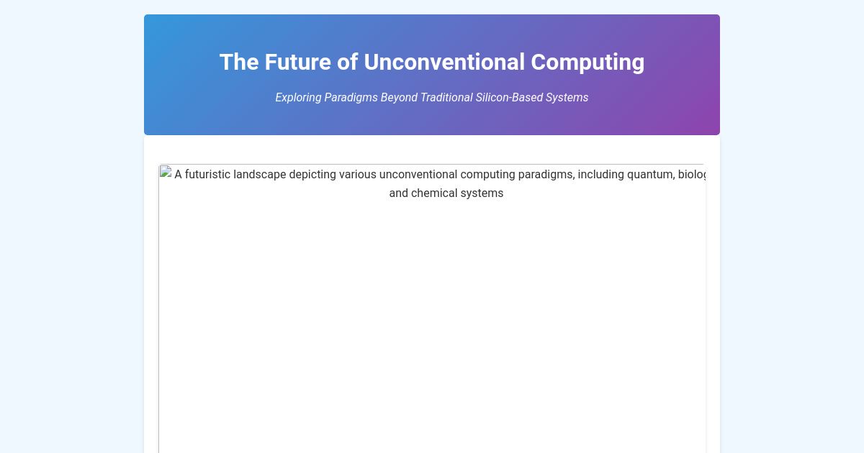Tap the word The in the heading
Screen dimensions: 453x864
tap(239, 63)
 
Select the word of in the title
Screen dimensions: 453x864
tap(347, 63)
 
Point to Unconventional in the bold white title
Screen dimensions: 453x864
tap(444, 63)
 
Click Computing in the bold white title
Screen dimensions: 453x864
tap(588, 63)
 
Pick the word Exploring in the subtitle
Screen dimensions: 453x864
tap(298, 98)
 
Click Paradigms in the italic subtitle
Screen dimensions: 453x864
tap(351, 98)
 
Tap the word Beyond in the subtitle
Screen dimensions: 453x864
tap(399, 98)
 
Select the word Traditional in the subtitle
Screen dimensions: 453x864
tap(446, 98)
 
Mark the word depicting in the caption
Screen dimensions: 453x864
tap(312, 175)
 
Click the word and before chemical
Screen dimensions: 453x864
tap(398, 193)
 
